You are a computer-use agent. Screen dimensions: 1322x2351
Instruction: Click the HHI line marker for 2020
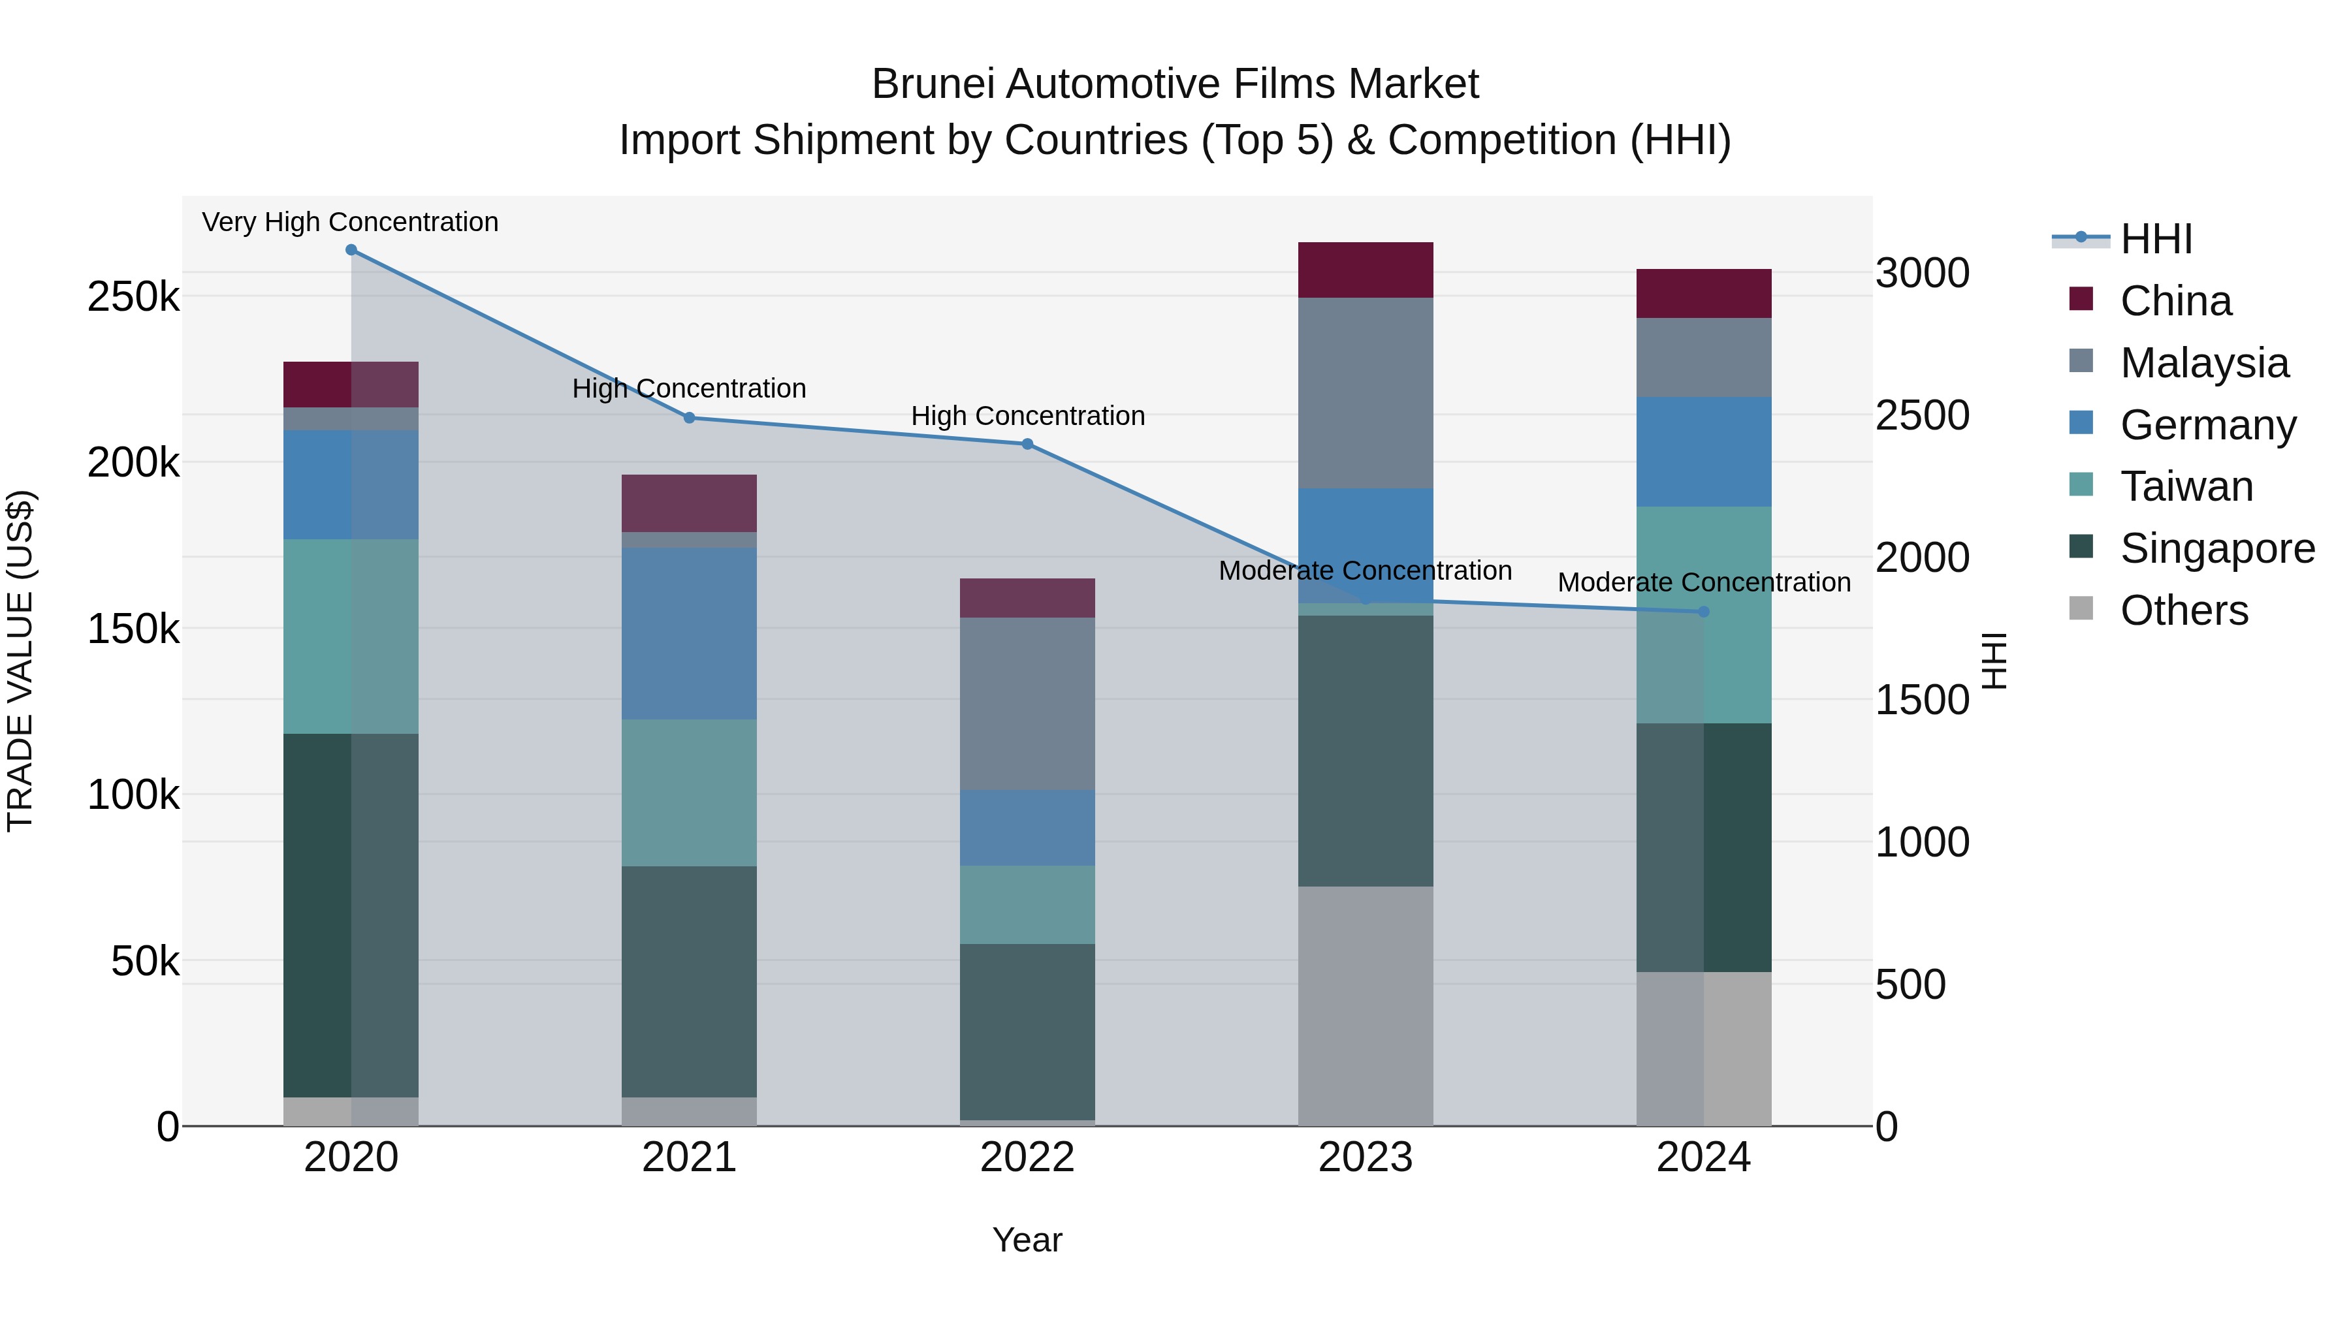351,250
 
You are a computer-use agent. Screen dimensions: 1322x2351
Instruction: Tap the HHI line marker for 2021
689,418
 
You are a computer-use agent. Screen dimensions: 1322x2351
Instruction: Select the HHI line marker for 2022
1028,445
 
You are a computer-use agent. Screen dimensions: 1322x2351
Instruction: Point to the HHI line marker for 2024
1703,612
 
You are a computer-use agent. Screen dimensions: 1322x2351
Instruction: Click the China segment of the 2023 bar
1366,270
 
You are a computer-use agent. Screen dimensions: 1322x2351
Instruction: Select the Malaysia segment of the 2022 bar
1028,703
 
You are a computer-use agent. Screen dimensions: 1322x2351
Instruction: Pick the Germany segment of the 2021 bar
689,633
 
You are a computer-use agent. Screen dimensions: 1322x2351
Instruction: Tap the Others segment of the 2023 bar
1366,1005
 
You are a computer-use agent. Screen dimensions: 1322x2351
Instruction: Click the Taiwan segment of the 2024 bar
1703,615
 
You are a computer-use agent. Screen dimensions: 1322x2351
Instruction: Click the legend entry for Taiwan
2186,486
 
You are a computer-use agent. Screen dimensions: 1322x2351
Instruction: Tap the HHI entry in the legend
2156,239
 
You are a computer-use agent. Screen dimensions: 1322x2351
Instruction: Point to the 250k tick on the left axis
133,296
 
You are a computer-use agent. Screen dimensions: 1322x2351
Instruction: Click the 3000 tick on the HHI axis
1922,273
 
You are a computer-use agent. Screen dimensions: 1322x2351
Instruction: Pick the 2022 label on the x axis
1028,1157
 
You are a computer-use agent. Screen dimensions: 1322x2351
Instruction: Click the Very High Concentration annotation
351,222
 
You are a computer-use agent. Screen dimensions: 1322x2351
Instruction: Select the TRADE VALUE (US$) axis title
21,661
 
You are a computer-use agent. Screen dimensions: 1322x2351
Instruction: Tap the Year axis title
1028,1240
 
